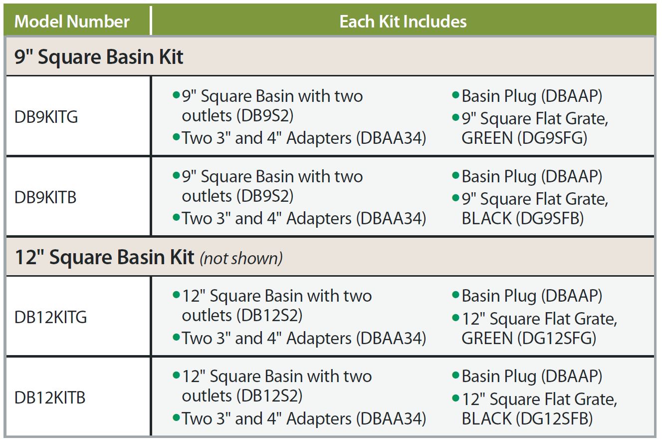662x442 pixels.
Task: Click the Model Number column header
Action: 72,21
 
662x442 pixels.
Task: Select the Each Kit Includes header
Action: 403,21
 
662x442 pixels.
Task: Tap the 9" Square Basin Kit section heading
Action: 99,56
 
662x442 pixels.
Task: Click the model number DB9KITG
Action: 46,116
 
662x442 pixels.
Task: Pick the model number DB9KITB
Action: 45,197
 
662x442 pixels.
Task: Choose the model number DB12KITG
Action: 50,317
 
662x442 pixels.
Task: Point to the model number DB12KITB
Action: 50,398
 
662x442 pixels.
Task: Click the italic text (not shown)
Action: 241,258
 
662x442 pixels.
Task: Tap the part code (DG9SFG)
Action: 552,138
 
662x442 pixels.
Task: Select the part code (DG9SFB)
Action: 550,218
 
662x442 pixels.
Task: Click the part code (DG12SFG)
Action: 557,338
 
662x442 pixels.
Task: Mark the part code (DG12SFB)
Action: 554,419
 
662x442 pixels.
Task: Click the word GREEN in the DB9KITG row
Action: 487,138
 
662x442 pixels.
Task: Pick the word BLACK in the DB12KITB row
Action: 486,419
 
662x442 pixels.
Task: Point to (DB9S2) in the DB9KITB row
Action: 265,196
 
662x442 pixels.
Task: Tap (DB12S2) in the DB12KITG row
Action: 269,315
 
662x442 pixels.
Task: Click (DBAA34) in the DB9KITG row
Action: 391,138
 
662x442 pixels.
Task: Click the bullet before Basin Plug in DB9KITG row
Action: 455,95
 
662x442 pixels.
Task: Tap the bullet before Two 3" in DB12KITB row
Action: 176,418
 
